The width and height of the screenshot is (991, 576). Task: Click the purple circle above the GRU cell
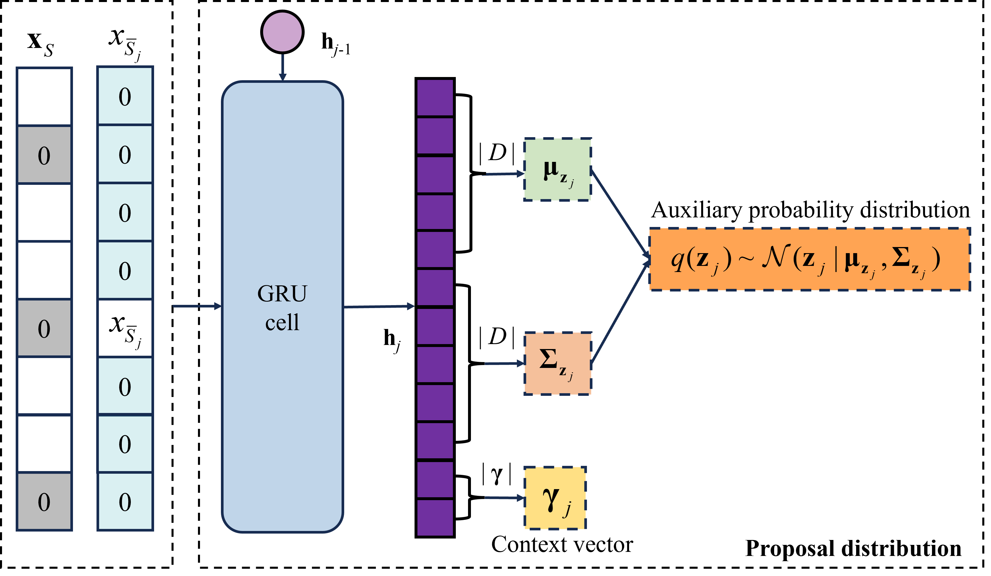click(282, 32)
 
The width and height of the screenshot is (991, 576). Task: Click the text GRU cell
click(282, 308)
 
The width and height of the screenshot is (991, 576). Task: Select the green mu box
click(557, 169)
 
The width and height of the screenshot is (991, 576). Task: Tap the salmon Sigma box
click(557, 363)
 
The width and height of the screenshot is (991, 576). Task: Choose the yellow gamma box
click(555, 498)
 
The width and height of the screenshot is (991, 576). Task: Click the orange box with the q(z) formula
click(809, 260)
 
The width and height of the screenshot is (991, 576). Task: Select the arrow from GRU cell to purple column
click(378, 306)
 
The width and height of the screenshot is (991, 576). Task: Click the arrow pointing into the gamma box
click(503, 498)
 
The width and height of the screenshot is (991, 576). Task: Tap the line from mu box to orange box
click(619, 212)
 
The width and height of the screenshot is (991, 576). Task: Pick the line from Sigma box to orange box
click(619, 313)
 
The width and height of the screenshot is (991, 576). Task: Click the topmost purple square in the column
click(435, 98)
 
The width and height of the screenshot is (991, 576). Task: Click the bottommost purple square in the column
click(435, 517)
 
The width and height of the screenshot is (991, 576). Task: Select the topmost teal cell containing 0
click(125, 96)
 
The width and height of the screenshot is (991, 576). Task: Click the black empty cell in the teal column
click(125, 328)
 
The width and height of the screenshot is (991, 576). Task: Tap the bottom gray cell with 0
click(44, 501)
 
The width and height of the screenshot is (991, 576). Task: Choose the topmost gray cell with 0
click(44, 155)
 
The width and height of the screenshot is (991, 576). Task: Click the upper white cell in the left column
click(44, 385)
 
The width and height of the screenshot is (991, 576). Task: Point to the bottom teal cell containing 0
click(125, 501)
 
